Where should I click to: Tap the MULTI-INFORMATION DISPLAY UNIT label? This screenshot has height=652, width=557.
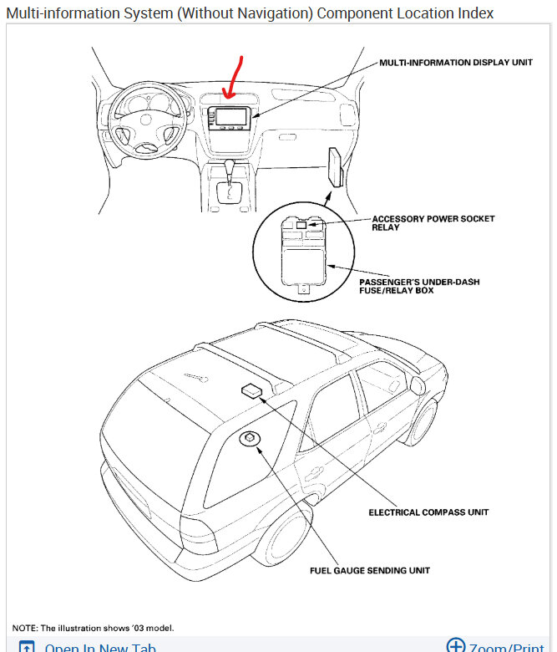(456, 63)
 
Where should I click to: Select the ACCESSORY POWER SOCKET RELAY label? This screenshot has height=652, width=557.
(433, 222)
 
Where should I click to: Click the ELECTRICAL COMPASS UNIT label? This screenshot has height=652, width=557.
(428, 512)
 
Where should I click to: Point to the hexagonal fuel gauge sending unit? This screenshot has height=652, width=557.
(250, 440)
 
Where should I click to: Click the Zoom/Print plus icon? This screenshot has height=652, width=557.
(456, 645)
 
